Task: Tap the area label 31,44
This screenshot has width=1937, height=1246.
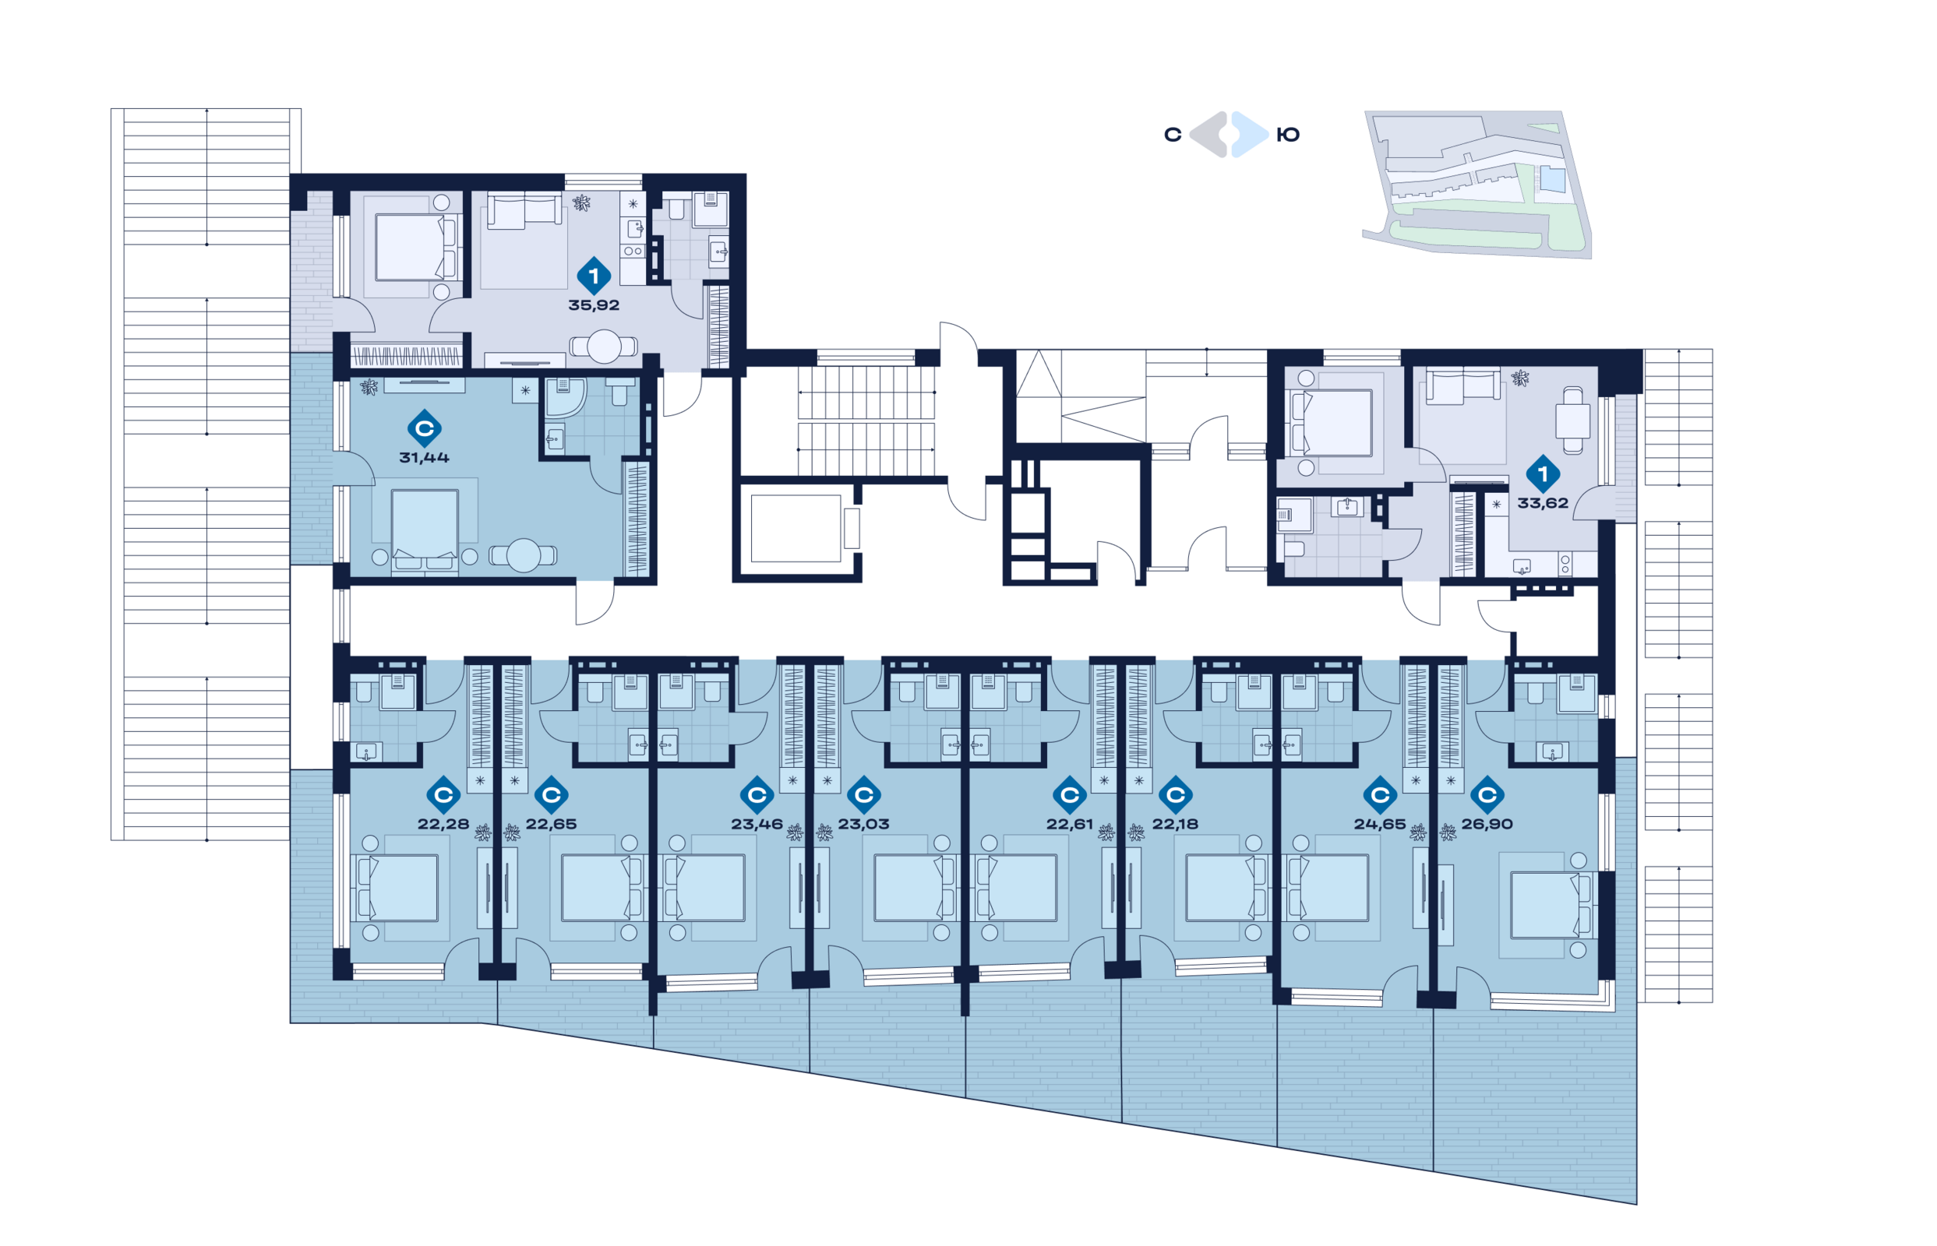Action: coord(424,457)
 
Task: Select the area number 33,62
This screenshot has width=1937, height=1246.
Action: coord(1542,502)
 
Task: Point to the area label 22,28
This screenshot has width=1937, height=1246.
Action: coord(443,824)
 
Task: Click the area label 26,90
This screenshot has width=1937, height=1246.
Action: coord(1487,824)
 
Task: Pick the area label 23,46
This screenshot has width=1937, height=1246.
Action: coord(757,824)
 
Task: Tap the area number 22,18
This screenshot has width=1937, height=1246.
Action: coord(1175,824)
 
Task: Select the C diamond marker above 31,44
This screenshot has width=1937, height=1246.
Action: coord(424,428)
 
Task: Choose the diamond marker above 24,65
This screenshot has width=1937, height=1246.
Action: coord(1380,794)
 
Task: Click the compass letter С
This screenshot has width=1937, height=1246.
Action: coord(1172,136)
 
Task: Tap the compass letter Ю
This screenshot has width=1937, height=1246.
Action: coord(1288,136)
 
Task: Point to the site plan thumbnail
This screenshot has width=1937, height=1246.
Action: coord(1477,185)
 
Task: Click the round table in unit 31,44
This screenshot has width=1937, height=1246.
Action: coord(524,556)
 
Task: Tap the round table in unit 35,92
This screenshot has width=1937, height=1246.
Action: coord(604,347)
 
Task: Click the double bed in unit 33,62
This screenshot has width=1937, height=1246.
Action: coord(1332,423)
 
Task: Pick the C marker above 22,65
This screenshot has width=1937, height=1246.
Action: coord(551,794)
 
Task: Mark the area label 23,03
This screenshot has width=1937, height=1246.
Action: coord(863,824)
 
